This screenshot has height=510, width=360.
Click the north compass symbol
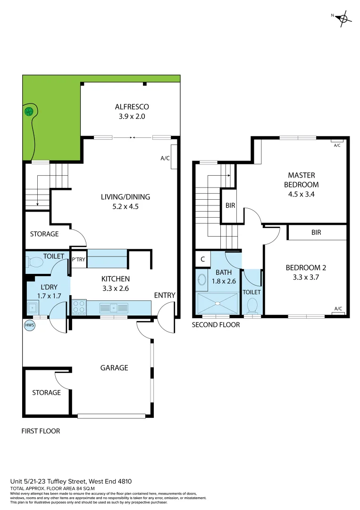[x=343, y=18]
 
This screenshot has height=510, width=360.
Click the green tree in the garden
[x=29, y=111]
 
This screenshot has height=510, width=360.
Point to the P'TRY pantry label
[x=78, y=259]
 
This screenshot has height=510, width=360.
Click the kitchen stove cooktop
[x=78, y=307]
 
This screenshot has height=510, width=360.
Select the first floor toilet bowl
[x=35, y=262]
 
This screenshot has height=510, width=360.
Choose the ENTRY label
[x=165, y=295]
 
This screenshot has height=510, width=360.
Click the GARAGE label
[x=114, y=367]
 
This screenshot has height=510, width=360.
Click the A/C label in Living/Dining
[x=165, y=158]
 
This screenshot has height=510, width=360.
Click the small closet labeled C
[x=202, y=259]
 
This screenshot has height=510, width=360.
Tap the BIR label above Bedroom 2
[x=316, y=232]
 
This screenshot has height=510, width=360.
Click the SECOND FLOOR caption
[x=216, y=325]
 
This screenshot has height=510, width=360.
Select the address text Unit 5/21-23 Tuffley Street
[x=71, y=481]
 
